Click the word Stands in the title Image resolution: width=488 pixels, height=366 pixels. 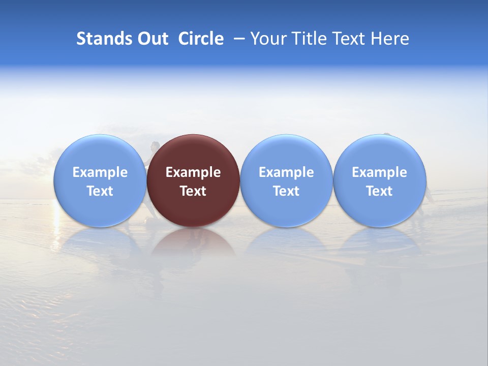coord(105,39)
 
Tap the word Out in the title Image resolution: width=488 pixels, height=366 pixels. coord(153,39)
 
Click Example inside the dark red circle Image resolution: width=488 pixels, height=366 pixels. coord(193,172)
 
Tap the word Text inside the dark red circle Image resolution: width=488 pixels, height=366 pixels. coord(193,191)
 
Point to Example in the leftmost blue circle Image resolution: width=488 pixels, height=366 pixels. coord(100,172)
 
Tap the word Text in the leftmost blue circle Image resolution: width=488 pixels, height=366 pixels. coord(100,191)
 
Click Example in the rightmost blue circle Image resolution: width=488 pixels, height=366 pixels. coord(379,172)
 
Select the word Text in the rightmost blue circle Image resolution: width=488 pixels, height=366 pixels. coord(379,191)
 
